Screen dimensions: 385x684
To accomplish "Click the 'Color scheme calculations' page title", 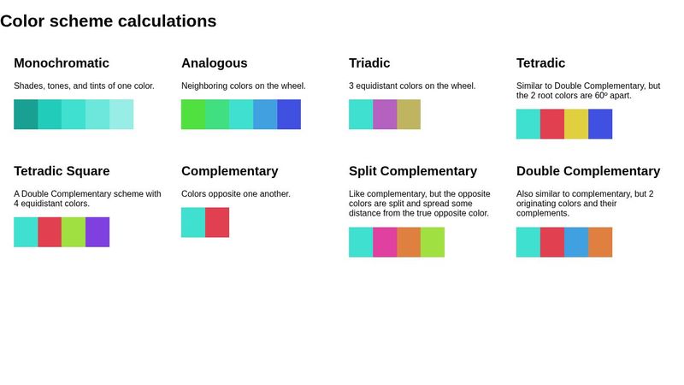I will (108, 21).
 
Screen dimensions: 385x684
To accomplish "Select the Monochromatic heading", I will (62, 63).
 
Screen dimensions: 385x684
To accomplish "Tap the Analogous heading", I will (215, 63).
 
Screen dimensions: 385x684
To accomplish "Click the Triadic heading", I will (369, 63).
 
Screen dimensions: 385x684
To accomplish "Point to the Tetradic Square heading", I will (62, 171).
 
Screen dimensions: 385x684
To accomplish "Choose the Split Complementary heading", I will (413, 171).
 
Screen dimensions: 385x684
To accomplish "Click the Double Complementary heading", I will (588, 171).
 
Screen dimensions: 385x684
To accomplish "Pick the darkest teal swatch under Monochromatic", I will (26, 115).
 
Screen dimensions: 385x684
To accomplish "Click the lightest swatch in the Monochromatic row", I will (121, 115).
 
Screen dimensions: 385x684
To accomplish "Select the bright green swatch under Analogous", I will (193, 115).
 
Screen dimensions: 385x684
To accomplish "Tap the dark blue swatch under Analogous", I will (289, 115).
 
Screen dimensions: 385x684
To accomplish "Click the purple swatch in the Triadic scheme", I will (385, 115).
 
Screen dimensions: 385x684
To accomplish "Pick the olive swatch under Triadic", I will (409, 115).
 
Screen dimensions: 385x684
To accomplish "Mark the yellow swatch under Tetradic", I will (576, 124).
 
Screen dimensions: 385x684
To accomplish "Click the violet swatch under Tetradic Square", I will (97, 232).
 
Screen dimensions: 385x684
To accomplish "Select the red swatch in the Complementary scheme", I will (217, 222).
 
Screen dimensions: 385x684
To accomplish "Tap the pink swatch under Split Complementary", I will (385, 242).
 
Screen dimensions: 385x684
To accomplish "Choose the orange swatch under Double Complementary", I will (600, 242).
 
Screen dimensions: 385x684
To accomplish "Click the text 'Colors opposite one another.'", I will (236, 194).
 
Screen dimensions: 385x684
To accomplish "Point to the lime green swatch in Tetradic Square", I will (74, 232).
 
